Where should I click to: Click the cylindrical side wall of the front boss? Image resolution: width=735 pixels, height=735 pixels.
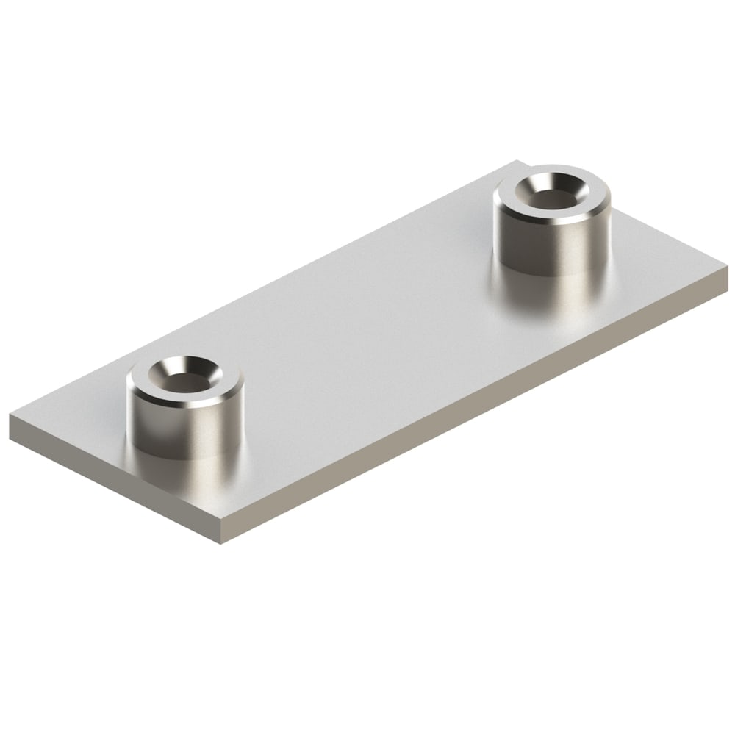[x=184, y=426]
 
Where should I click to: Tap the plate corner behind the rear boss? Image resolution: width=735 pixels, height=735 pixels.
[x=519, y=161]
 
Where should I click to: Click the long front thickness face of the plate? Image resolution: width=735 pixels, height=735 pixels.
[x=478, y=412]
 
